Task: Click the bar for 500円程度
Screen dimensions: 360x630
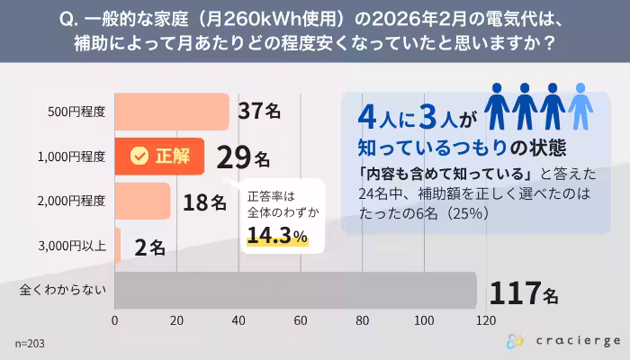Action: click(x=172, y=112)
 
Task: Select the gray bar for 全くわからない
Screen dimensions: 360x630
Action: click(x=295, y=290)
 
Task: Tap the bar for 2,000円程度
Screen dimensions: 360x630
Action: click(x=142, y=201)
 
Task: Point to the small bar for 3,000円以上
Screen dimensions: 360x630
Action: click(x=118, y=245)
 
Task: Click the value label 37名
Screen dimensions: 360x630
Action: click(x=259, y=111)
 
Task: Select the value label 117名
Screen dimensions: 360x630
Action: click(x=524, y=292)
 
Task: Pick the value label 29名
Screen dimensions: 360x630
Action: click(x=242, y=157)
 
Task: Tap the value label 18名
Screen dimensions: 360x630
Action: click(x=204, y=202)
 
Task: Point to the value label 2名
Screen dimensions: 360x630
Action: click(x=149, y=247)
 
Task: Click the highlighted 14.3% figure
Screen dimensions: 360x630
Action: click(x=277, y=236)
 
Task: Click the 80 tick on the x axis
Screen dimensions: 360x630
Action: click(x=363, y=320)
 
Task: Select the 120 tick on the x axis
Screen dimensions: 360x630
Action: click(x=486, y=320)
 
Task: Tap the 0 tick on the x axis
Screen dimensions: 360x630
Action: click(x=115, y=320)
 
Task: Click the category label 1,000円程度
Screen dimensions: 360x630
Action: click(x=72, y=157)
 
